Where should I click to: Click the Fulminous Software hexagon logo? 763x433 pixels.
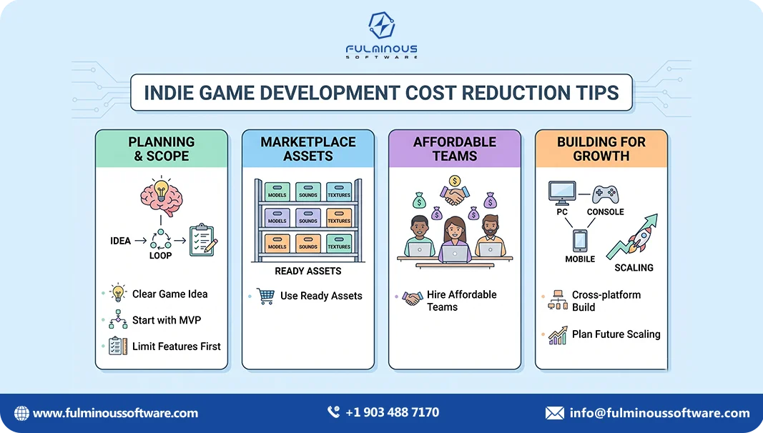click(381, 25)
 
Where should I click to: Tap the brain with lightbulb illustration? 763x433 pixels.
click(161, 197)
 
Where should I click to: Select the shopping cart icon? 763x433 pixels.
click(265, 296)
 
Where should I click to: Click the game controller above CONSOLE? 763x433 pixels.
click(605, 193)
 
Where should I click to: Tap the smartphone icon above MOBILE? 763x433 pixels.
click(581, 239)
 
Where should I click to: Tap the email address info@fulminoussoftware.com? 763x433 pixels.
click(659, 413)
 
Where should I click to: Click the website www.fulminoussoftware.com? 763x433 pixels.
click(115, 413)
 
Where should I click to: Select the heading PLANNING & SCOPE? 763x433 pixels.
click(162, 149)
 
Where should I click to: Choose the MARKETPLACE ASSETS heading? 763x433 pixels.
click(307, 149)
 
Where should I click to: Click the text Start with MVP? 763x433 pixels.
click(165, 320)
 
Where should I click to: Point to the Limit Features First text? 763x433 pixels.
click(176, 347)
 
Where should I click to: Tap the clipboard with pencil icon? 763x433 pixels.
click(202, 241)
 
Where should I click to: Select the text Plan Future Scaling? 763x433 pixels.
click(616, 334)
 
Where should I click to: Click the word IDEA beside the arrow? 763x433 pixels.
click(120, 241)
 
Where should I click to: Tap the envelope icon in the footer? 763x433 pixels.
click(554, 413)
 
